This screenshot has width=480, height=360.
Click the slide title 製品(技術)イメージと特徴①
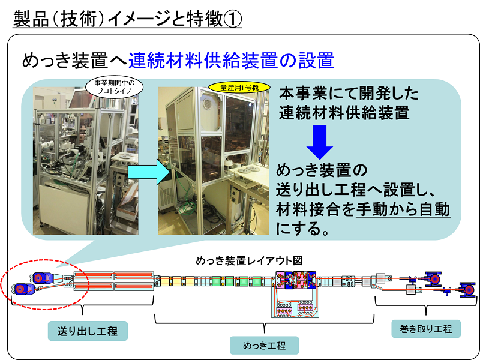(x=127, y=19)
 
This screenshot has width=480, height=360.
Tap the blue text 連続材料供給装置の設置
(x=231, y=60)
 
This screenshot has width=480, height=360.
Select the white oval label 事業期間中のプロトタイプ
(x=114, y=87)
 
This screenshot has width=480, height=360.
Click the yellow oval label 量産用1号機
(x=239, y=88)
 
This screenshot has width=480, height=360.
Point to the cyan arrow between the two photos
(x=149, y=172)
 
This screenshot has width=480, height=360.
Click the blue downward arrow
(x=320, y=142)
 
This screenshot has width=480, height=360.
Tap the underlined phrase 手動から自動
(x=403, y=209)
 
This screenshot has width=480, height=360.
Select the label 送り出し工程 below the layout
(x=88, y=331)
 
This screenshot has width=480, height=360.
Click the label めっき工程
(x=264, y=346)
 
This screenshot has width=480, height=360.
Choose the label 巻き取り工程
(x=426, y=329)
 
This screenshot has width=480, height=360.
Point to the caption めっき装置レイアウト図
(x=249, y=261)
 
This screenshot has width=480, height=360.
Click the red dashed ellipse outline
(x=45, y=309)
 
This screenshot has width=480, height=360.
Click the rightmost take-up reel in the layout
(x=467, y=289)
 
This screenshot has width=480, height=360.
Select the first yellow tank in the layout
(x=164, y=281)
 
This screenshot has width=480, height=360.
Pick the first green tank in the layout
(x=217, y=281)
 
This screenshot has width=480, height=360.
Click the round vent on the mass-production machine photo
(x=208, y=102)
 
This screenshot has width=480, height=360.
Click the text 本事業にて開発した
(x=349, y=93)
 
